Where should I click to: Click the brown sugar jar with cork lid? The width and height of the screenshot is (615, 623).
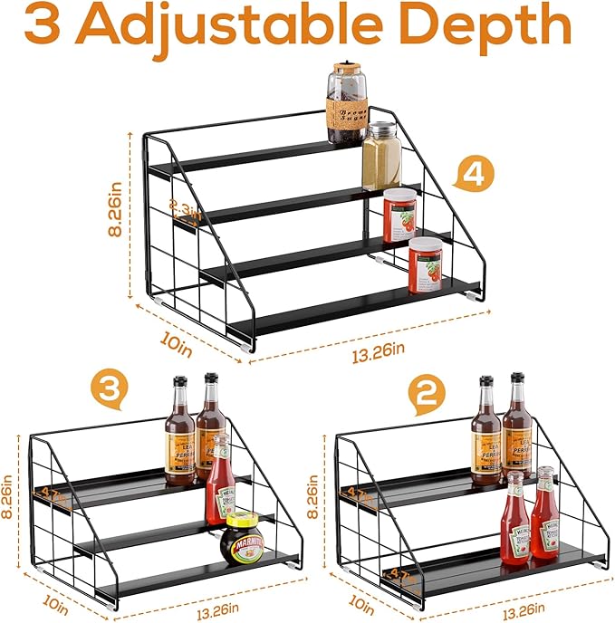[347, 106]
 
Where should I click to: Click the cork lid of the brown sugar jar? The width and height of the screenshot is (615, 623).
[347, 70]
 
